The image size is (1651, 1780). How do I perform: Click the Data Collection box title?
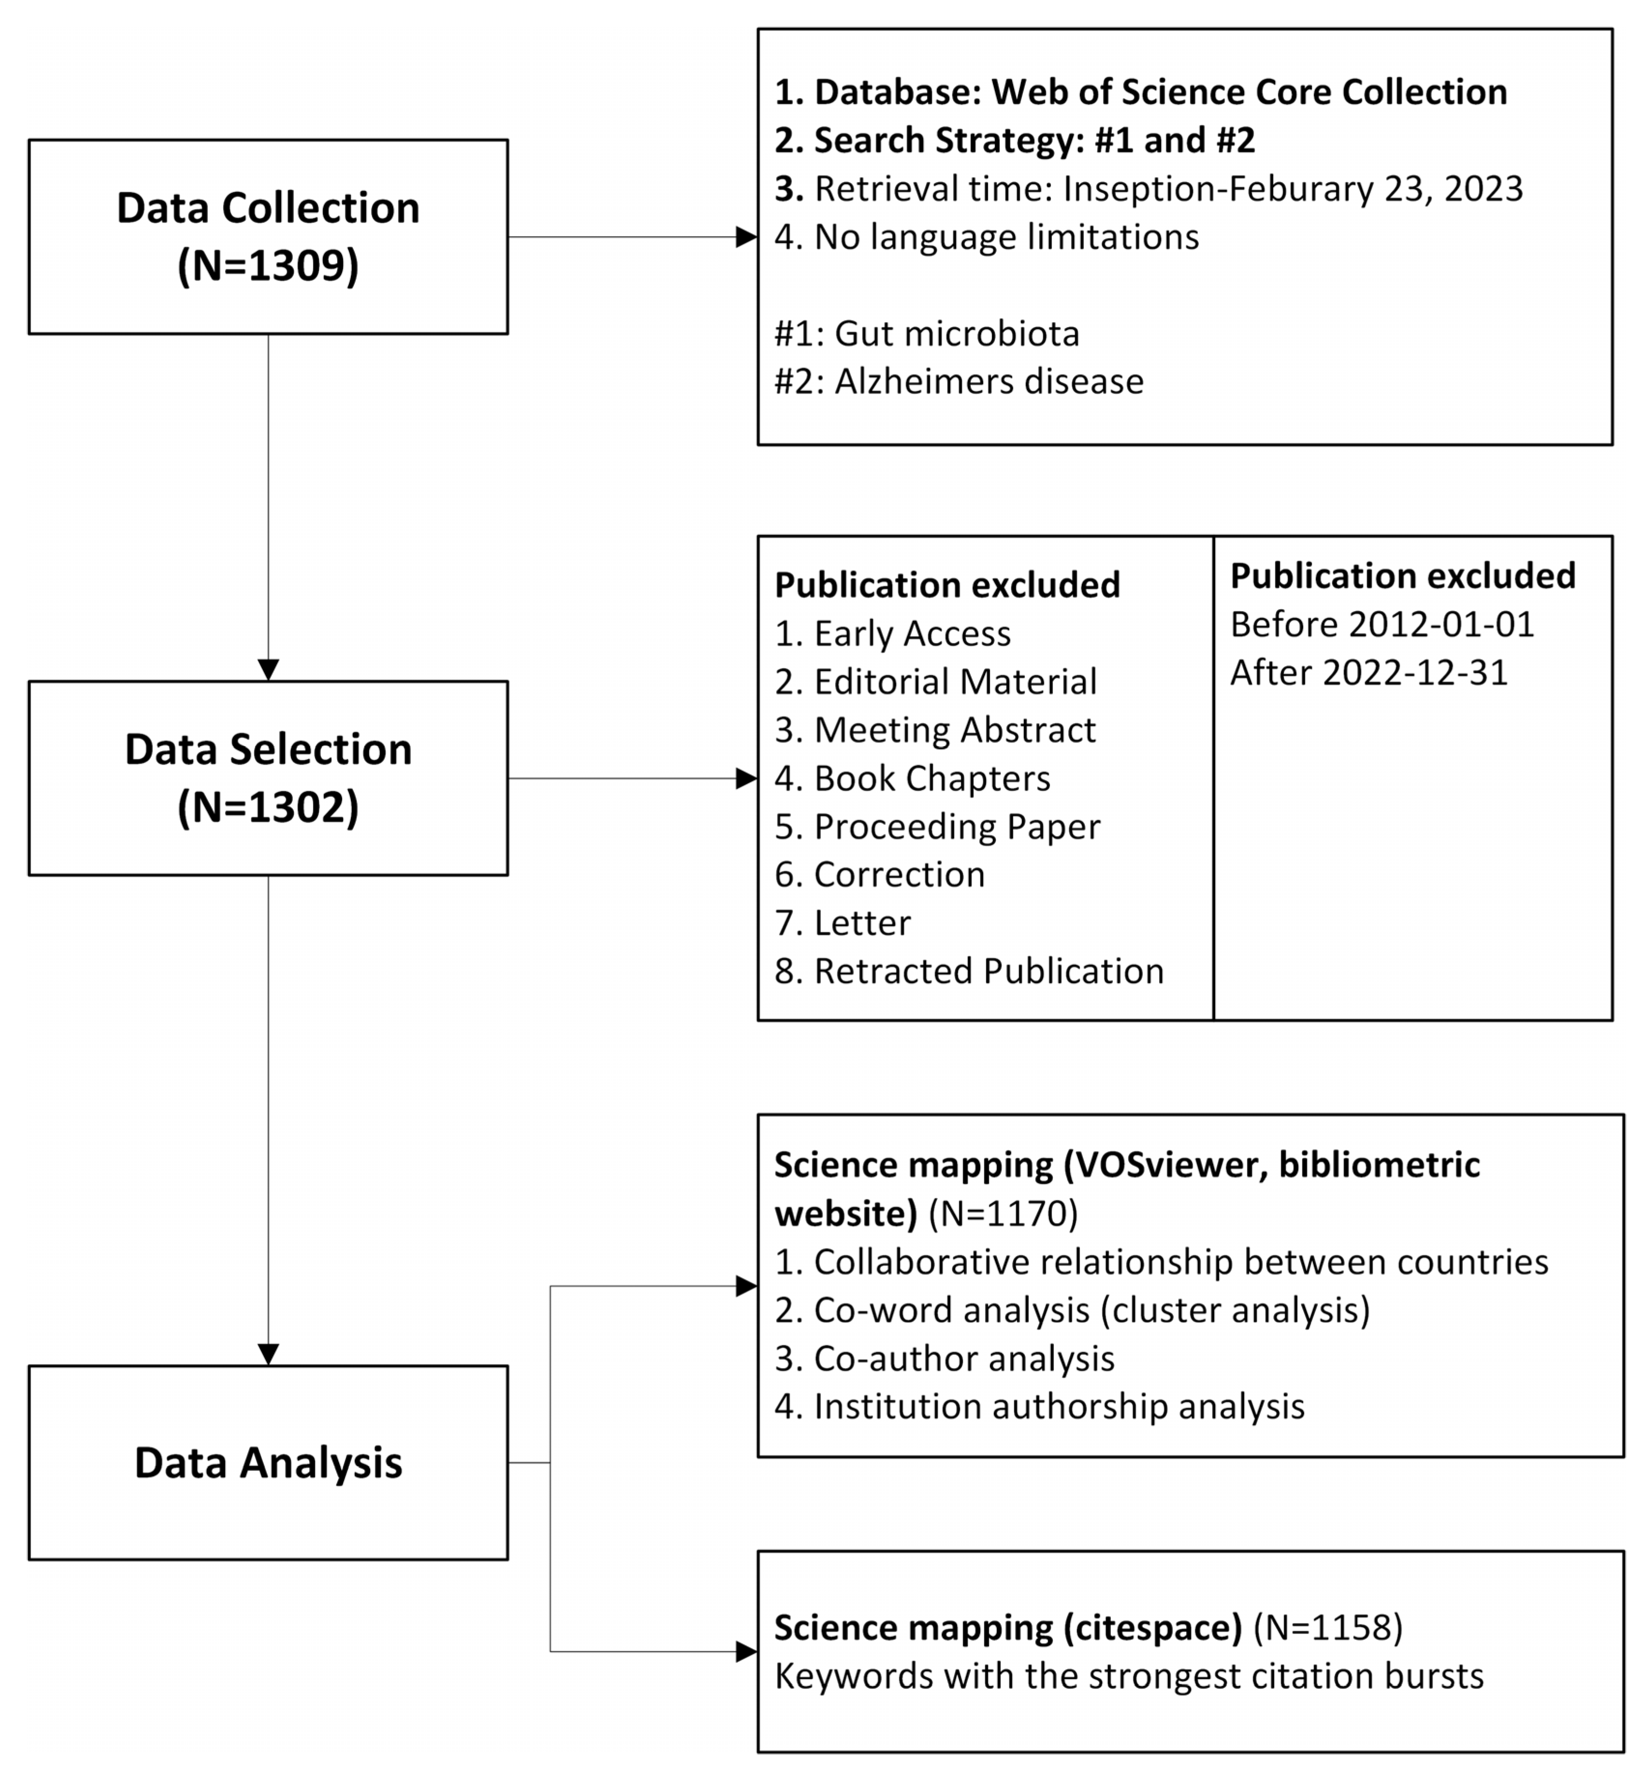pyautogui.click(x=268, y=208)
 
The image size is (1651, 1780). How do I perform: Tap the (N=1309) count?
pyautogui.click(x=268, y=265)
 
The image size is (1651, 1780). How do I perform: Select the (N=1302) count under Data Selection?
pyautogui.click(x=268, y=807)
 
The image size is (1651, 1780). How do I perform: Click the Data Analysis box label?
pyautogui.click(x=268, y=1463)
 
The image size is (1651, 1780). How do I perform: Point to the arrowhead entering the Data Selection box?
pyautogui.click(x=268, y=670)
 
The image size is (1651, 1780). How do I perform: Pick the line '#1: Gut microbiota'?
pyautogui.click(x=926, y=333)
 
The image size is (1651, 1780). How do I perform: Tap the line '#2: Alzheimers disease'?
pyautogui.click(x=959, y=382)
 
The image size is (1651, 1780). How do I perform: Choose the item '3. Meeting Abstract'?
pyautogui.click(x=934, y=730)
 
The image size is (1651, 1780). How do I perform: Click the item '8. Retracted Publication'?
pyautogui.click(x=969, y=971)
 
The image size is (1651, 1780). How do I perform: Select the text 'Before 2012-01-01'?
pyautogui.click(x=1382, y=624)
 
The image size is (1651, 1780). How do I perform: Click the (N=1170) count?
pyautogui.click(x=1003, y=1213)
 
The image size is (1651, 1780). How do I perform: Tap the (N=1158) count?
pyautogui.click(x=1328, y=1627)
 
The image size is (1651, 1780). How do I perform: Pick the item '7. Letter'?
pyautogui.click(x=843, y=923)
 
